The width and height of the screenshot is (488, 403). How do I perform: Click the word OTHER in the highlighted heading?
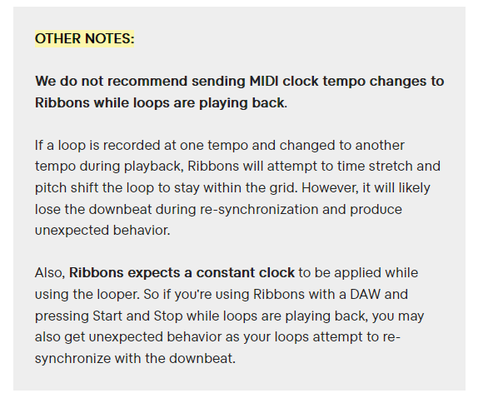pos(58,38)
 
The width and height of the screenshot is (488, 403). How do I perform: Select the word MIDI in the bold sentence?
pos(264,82)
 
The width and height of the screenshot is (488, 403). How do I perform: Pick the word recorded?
pos(132,146)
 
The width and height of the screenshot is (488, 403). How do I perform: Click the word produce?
pos(376,210)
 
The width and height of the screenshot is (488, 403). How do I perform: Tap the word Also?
pos(50,273)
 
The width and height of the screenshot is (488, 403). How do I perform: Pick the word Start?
pos(107,316)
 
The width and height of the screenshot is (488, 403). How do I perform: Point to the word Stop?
pos(168,316)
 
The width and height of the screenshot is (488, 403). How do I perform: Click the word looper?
pos(118,295)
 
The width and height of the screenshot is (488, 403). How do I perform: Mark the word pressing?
pos(62,316)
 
